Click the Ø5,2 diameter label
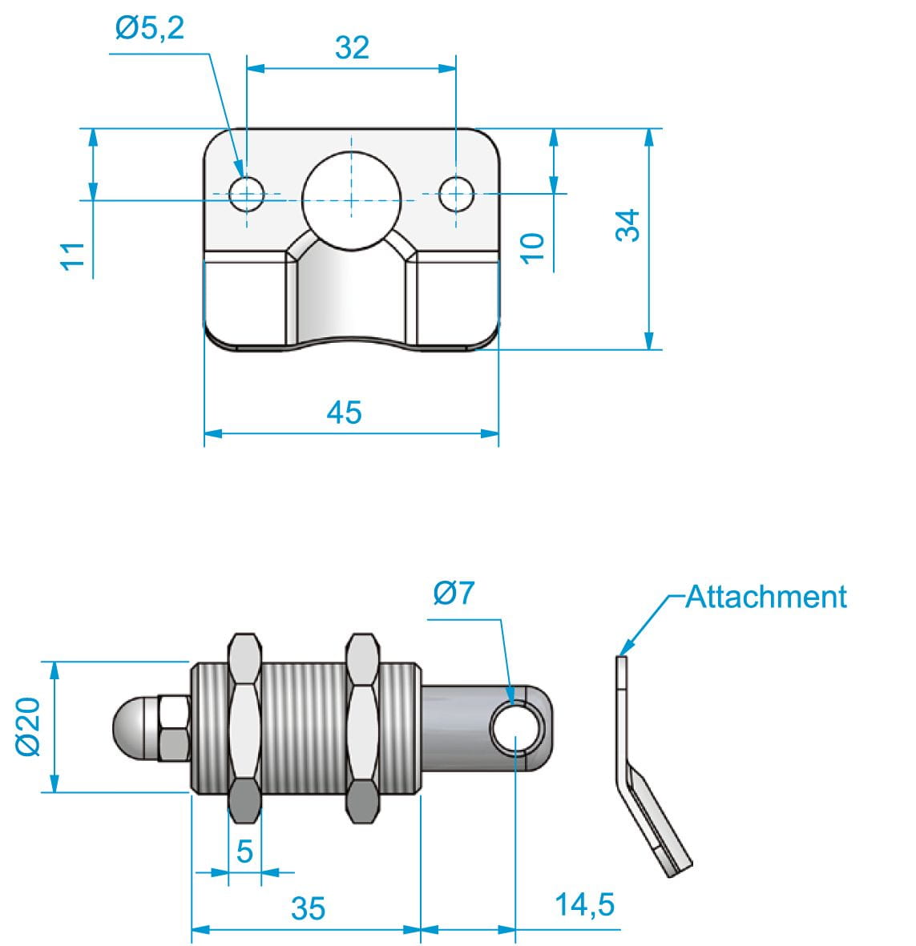149,29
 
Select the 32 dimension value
352,48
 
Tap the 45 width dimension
344,413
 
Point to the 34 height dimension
629,225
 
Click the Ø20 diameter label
27,726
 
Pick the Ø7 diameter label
454,594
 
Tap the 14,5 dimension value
585,904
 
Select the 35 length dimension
308,908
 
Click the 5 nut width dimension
244,851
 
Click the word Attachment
766,597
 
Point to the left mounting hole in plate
246,193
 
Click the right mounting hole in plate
456,193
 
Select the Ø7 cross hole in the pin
517,729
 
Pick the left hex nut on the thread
244,727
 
